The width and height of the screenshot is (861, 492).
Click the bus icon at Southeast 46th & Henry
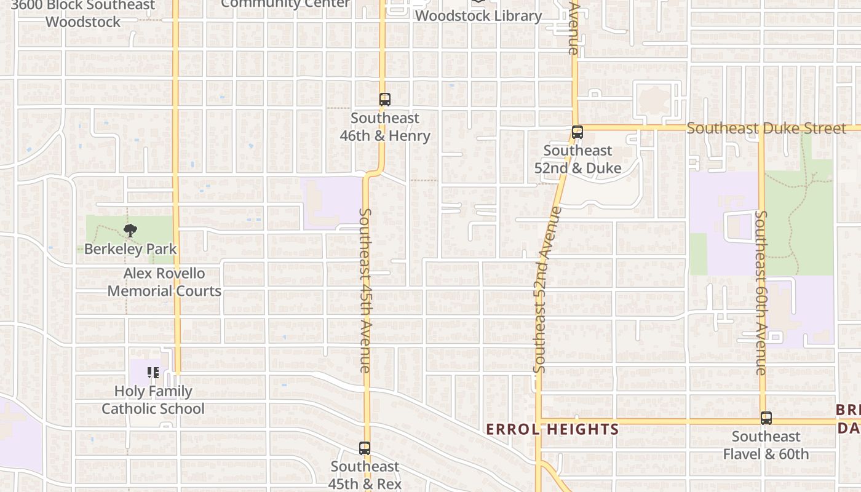[385, 99]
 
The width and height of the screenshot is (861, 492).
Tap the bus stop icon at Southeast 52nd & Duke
[577, 132]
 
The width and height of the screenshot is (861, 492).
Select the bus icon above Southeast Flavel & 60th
[766, 418]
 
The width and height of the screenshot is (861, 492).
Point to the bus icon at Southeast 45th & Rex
[365, 448]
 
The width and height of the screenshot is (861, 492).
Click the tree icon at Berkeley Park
[130, 231]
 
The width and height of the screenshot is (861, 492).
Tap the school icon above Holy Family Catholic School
[153, 372]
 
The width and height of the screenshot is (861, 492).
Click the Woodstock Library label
[478, 16]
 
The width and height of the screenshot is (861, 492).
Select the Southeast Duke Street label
[766, 129]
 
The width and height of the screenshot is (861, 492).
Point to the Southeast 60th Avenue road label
[761, 293]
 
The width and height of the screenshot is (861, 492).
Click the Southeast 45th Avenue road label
[365, 290]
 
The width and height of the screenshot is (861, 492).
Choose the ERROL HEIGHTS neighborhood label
[552, 429]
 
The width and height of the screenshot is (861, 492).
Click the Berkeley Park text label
[130, 249]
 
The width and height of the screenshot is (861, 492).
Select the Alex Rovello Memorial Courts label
[164, 282]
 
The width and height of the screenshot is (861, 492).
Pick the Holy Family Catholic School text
[153, 400]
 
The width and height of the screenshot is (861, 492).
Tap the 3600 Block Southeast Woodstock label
[83, 14]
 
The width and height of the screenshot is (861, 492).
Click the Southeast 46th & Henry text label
[385, 127]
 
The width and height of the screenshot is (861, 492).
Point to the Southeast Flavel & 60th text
[766, 445]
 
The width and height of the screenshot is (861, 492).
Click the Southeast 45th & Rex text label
[365, 475]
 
